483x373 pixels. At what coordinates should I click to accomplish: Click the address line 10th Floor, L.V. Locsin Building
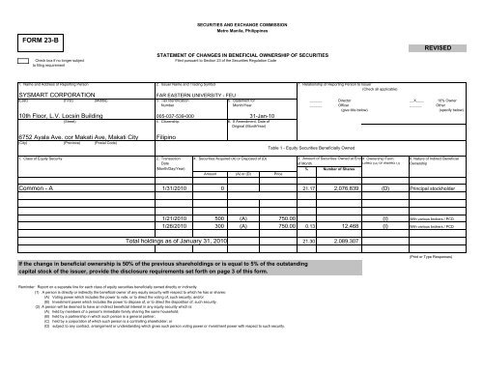[x=54, y=115]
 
